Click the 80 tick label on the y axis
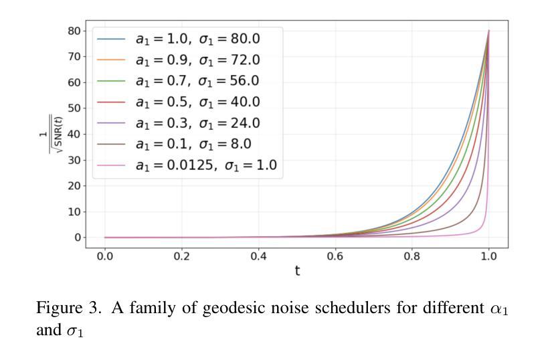point(74,31)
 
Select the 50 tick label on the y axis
point(74,108)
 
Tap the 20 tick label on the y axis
point(74,186)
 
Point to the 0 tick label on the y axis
point(77,238)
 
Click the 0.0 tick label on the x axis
point(105,256)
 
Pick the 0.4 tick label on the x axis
point(258,256)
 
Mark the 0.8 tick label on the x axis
point(412,256)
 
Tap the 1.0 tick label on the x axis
point(489,256)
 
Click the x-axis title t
point(297,270)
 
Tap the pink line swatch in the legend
point(111,165)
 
